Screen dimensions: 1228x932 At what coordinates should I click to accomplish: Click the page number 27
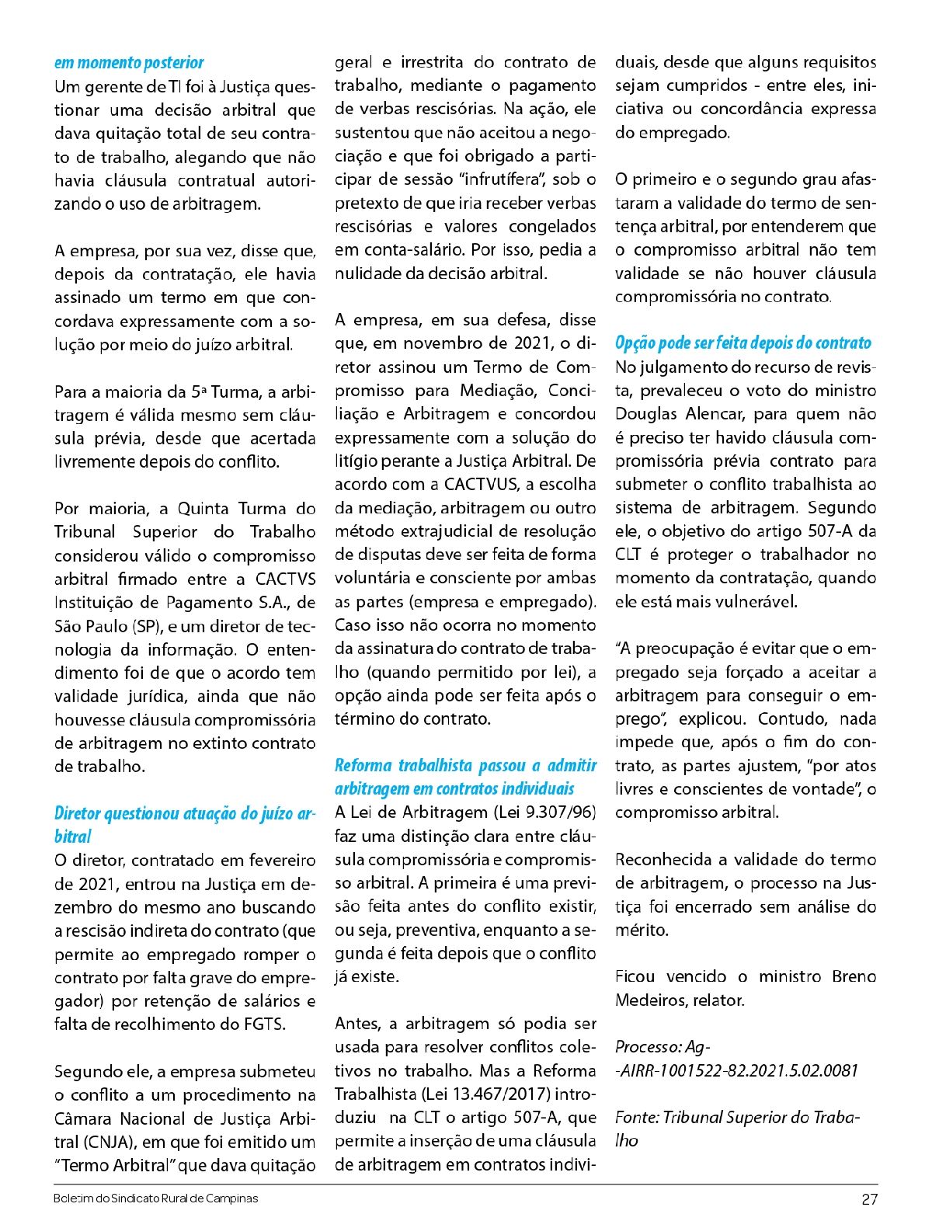click(x=869, y=1199)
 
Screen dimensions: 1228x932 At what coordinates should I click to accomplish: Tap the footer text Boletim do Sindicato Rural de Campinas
click(x=155, y=1198)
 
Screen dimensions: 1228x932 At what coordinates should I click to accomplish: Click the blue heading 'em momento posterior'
click(x=129, y=63)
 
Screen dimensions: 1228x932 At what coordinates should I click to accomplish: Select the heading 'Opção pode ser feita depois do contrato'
click(x=742, y=343)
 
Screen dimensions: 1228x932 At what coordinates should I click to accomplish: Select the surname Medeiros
click(x=647, y=1000)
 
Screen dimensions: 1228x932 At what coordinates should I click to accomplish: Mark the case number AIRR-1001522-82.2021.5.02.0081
click(x=738, y=1071)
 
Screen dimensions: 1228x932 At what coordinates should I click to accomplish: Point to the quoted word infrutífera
click(x=503, y=180)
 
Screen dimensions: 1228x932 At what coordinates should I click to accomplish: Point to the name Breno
click(x=854, y=977)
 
